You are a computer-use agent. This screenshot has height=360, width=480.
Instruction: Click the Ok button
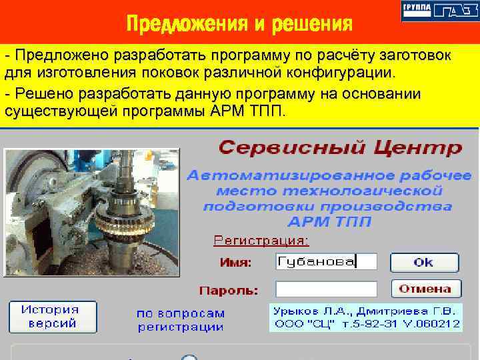424,262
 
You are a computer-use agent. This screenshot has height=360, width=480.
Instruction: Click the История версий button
53,317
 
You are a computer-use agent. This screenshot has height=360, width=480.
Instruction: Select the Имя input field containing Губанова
326,262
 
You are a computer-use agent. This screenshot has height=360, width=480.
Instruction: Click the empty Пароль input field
326,289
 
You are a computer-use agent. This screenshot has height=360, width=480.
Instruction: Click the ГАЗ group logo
439,11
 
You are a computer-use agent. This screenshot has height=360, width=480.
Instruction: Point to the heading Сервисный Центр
339,147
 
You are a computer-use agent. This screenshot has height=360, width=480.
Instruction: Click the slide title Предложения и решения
239,25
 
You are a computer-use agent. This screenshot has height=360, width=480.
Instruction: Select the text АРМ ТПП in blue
329,221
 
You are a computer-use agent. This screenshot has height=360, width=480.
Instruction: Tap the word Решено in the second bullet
43,94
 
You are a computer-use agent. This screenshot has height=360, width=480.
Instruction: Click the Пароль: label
229,291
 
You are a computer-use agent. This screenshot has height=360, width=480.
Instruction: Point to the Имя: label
237,263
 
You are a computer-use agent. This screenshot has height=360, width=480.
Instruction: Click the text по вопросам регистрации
180,320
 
